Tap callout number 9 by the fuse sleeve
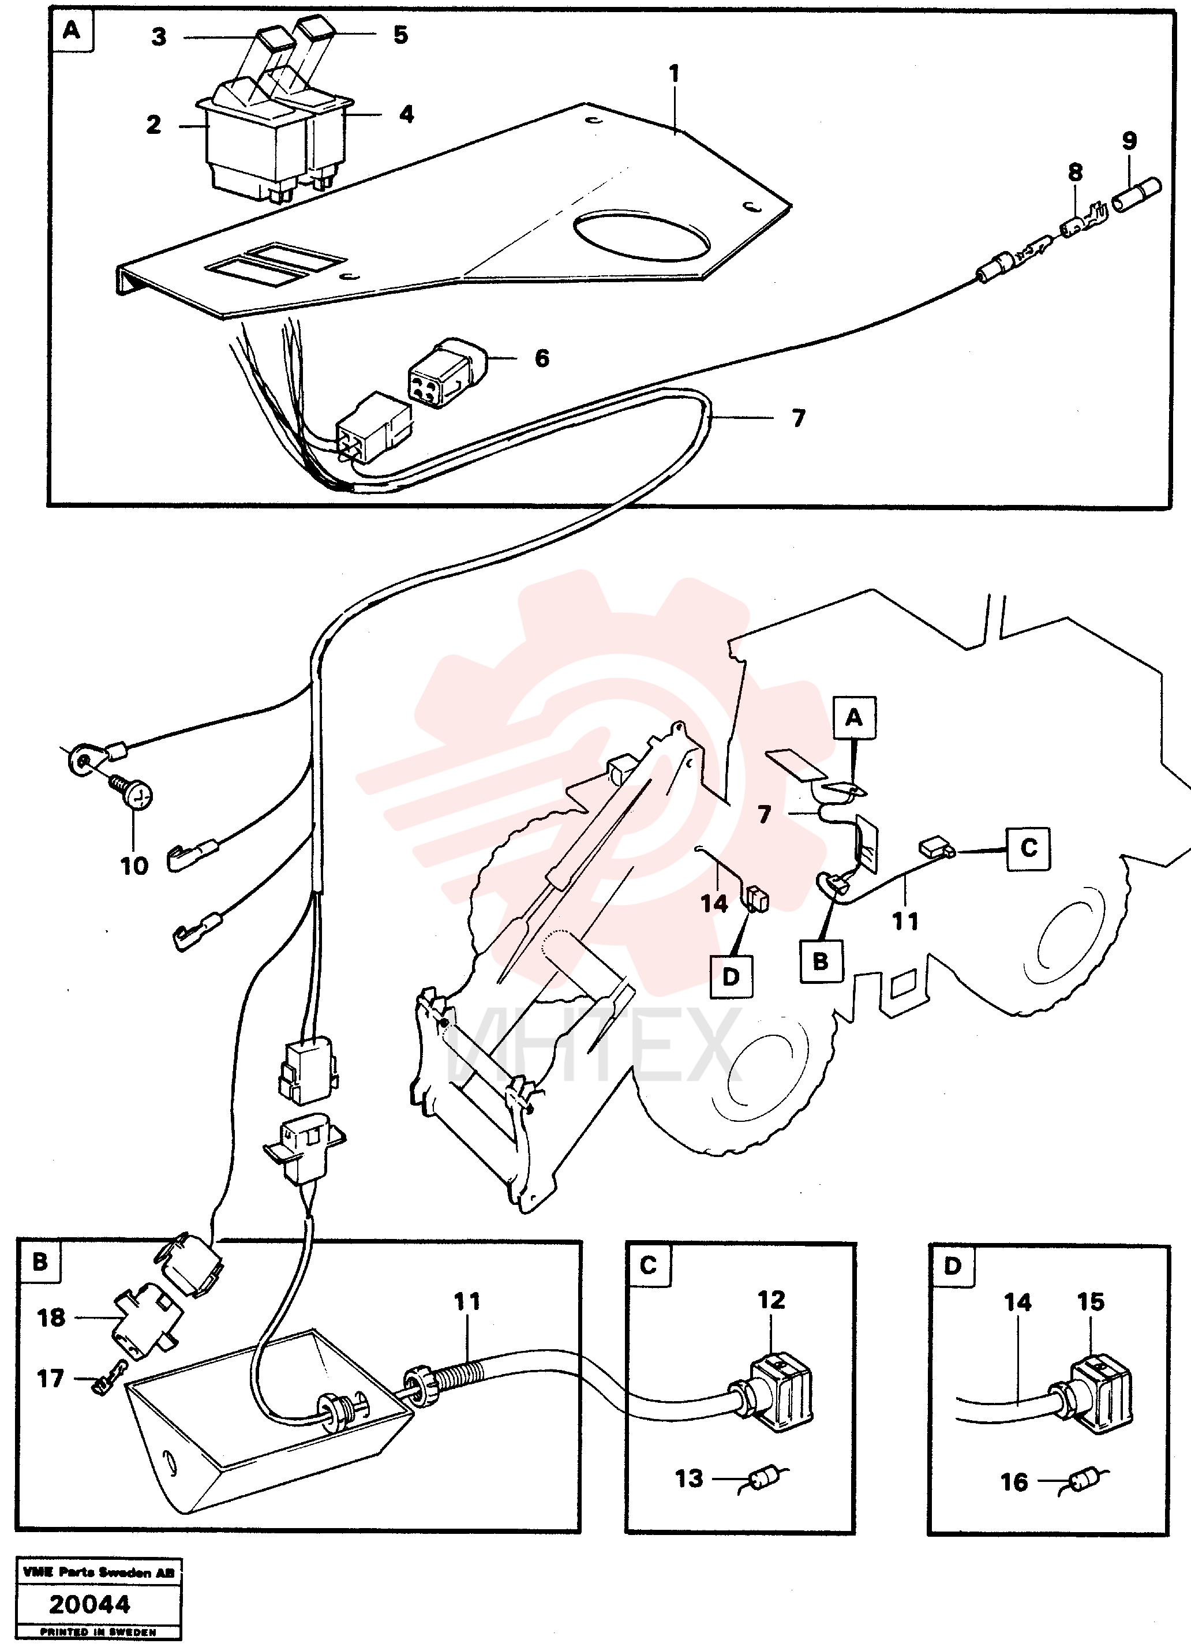[1129, 140]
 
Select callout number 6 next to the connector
[542, 358]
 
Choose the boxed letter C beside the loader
[1028, 848]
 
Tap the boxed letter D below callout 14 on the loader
[731, 976]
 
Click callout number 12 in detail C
[771, 1300]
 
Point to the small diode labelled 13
[763, 1478]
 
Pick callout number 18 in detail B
[51, 1317]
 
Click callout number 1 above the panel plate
[674, 73]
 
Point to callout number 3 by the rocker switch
[159, 37]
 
